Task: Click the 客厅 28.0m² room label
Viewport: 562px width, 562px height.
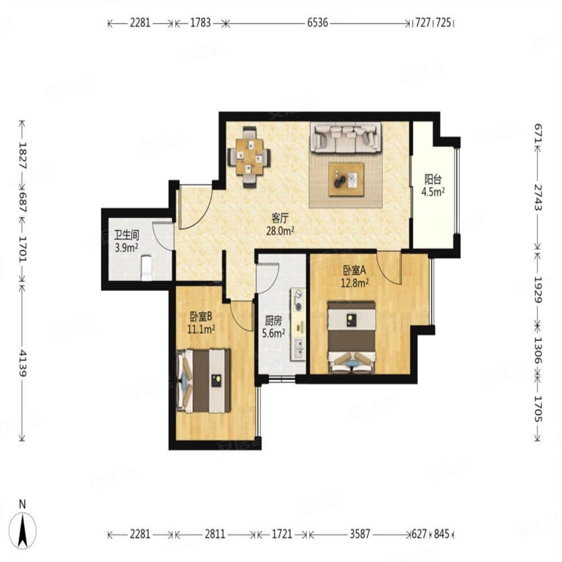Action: (280, 224)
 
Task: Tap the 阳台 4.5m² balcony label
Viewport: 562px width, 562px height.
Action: (433, 185)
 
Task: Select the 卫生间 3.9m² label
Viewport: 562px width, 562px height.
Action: (126, 241)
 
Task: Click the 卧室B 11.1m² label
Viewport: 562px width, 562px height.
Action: (201, 323)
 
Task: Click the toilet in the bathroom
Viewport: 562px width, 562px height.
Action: (146, 268)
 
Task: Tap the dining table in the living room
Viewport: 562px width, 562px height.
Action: (250, 157)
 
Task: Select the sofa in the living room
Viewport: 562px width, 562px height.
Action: (346, 138)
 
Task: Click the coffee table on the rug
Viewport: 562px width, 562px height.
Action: (346, 179)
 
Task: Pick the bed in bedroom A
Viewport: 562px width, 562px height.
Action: (352, 337)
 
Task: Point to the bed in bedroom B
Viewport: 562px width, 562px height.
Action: (203, 380)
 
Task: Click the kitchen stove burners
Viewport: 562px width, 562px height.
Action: (298, 300)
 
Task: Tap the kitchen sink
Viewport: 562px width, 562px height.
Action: (298, 348)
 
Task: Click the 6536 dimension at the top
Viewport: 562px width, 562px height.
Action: (318, 23)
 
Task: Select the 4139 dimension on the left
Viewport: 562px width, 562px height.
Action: (22, 363)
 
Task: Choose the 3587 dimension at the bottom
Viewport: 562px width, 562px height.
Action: (360, 534)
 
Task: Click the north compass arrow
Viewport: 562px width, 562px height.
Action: (23, 531)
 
